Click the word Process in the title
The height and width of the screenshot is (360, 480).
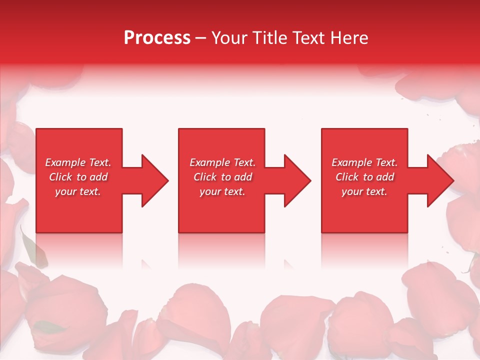coord(157,38)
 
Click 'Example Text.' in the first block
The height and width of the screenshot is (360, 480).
coord(78,162)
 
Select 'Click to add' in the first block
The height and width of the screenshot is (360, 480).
coord(78,177)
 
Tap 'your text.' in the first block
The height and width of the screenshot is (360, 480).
coord(78,191)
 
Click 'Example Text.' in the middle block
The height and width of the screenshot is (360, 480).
coord(222,162)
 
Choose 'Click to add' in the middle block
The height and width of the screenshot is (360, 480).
coord(222,177)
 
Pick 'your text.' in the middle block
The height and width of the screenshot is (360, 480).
coord(222,191)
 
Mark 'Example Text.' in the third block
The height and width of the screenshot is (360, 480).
coord(364,162)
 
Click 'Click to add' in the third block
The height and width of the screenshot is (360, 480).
coord(364,177)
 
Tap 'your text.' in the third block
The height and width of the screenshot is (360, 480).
coord(364,191)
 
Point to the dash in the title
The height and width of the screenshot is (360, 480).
coord(200,38)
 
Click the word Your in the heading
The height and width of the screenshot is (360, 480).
coord(229,38)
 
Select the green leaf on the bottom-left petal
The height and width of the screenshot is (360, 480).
coord(50,327)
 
